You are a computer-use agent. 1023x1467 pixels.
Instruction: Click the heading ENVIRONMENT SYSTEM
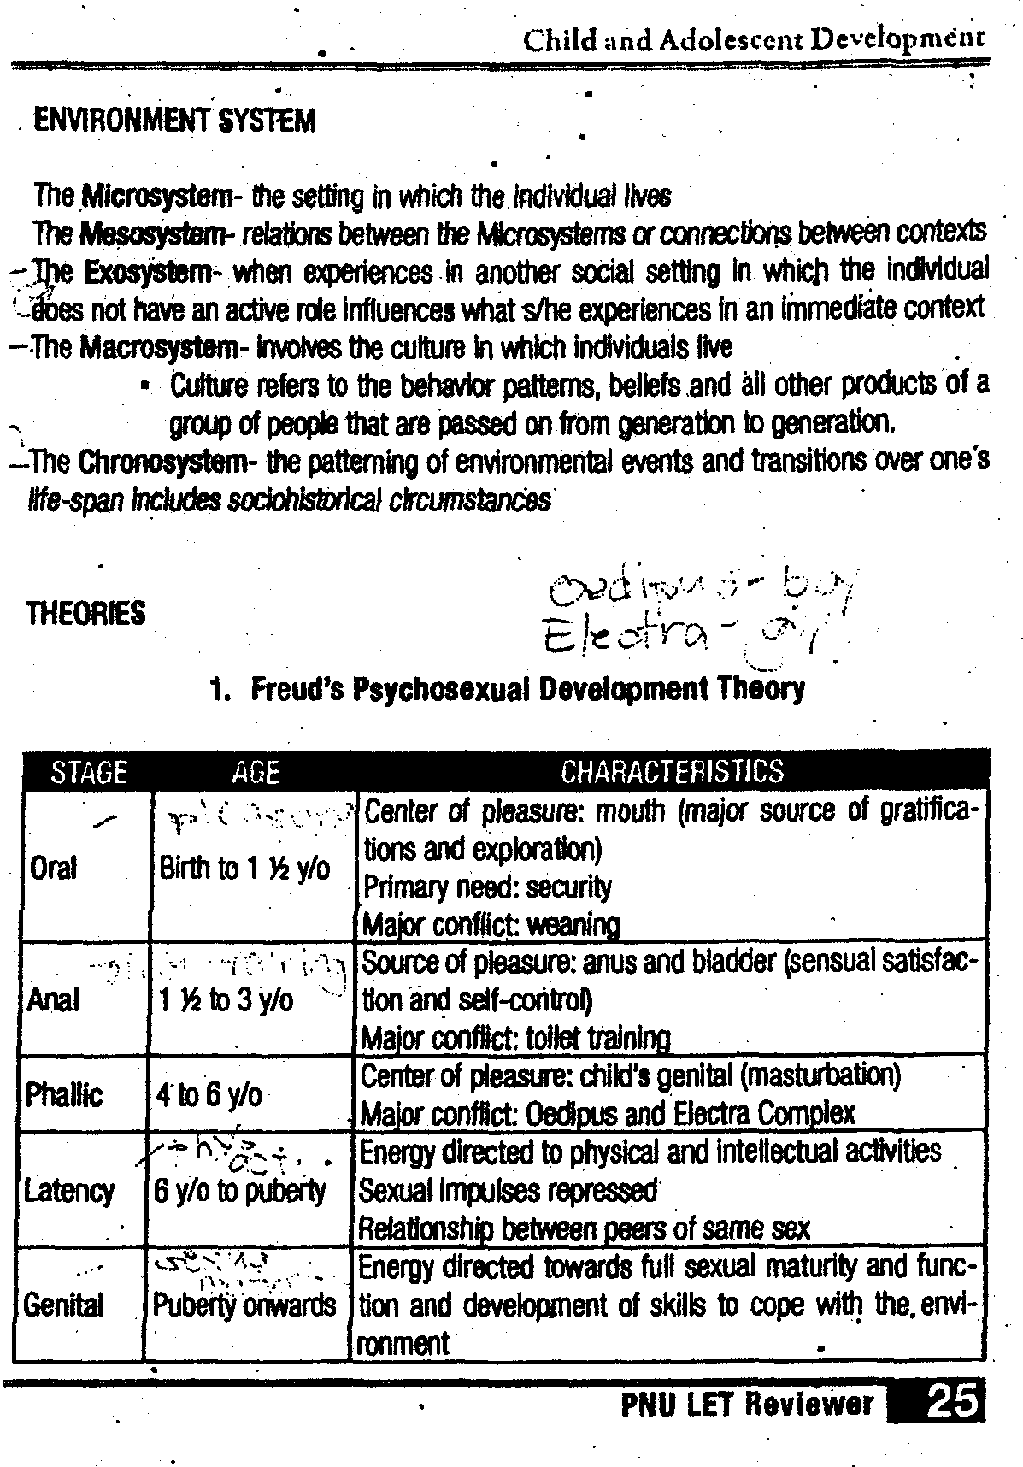pyautogui.click(x=174, y=121)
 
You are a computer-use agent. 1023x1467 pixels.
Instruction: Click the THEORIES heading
pyautogui.click(x=85, y=613)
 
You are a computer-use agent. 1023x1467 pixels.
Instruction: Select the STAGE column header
pyautogui.click(x=89, y=772)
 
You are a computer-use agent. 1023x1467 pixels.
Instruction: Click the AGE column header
pyautogui.click(x=255, y=772)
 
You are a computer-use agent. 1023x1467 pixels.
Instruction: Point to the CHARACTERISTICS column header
pyautogui.click(x=672, y=772)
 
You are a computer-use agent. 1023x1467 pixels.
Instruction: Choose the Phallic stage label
pyautogui.click(x=63, y=1095)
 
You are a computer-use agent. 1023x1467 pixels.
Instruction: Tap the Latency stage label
pyautogui.click(x=69, y=1191)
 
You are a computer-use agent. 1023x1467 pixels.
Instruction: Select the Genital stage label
pyautogui.click(x=63, y=1305)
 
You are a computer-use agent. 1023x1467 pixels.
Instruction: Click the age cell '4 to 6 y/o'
pyautogui.click(x=210, y=1095)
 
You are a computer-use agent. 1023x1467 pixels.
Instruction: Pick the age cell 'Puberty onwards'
pyautogui.click(x=244, y=1305)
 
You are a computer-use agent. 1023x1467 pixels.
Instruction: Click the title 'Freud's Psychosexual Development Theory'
pyautogui.click(x=526, y=689)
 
